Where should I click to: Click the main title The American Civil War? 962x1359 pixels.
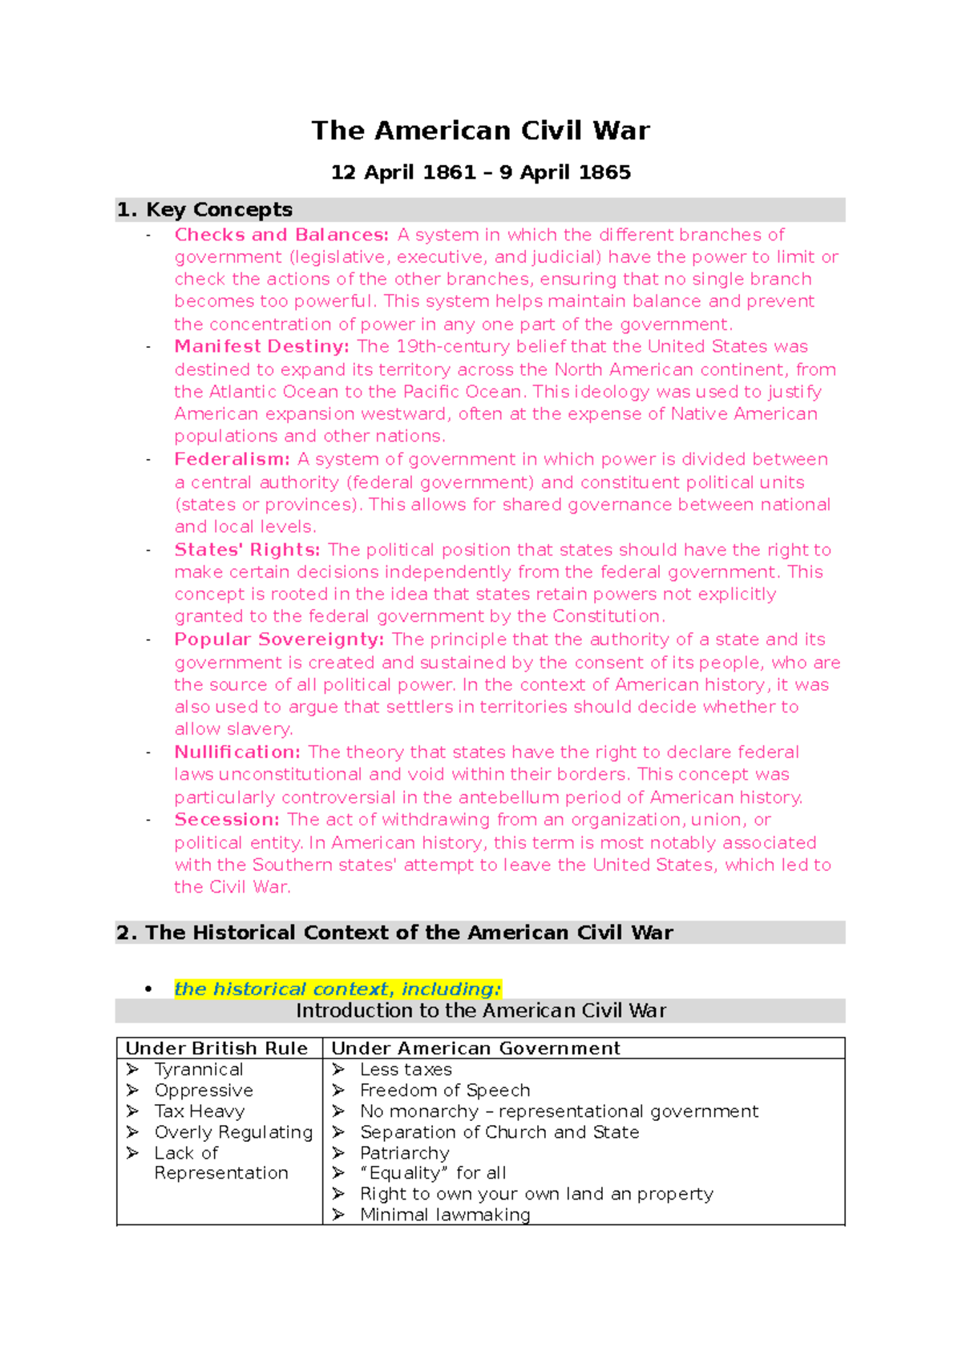tap(480, 131)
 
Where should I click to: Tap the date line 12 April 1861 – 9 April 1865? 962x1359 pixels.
tap(480, 173)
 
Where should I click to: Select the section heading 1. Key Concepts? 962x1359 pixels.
tap(205, 210)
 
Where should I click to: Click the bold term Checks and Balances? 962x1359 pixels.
tap(281, 235)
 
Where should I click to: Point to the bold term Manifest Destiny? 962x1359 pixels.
tap(261, 347)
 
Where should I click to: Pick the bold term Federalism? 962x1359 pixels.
tap(232, 459)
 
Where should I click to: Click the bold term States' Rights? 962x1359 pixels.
tap(247, 550)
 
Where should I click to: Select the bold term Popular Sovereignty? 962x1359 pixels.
tap(279, 639)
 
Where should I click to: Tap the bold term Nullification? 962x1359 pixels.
tap(237, 752)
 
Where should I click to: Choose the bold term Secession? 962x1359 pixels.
tap(227, 820)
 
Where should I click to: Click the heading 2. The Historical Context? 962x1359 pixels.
tap(394, 933)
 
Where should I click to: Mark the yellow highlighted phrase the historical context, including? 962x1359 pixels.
tap(338, 989)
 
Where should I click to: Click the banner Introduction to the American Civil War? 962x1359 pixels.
tap(480, 1010)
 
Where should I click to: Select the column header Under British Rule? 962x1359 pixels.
tap(216, 1048)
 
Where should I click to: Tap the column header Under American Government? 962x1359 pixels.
tap(475, 1048)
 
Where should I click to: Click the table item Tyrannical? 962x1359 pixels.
tap(199, 1070)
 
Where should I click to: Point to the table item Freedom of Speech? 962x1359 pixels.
tap(445, 1091)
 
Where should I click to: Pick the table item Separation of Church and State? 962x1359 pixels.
tap(499, 1132)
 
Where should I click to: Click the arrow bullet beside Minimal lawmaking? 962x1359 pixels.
tap(338, 1215)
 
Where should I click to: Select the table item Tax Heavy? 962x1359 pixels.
tap(200, 1111)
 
